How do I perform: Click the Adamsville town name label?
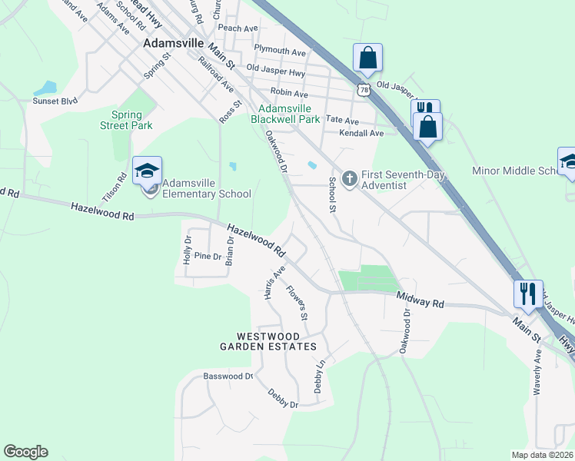coord(171,44)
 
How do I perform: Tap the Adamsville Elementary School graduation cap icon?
coord(147,170)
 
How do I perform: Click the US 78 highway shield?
coord(363,90)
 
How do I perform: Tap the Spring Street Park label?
coord(127,120)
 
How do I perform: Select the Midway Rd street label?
coord(420,300)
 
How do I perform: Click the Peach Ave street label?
coord(238,28)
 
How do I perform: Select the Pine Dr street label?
coord(208,256)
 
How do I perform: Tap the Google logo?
coord(25,452)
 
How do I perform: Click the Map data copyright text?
coord(543,455)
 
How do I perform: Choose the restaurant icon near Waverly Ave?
coord(528,294)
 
